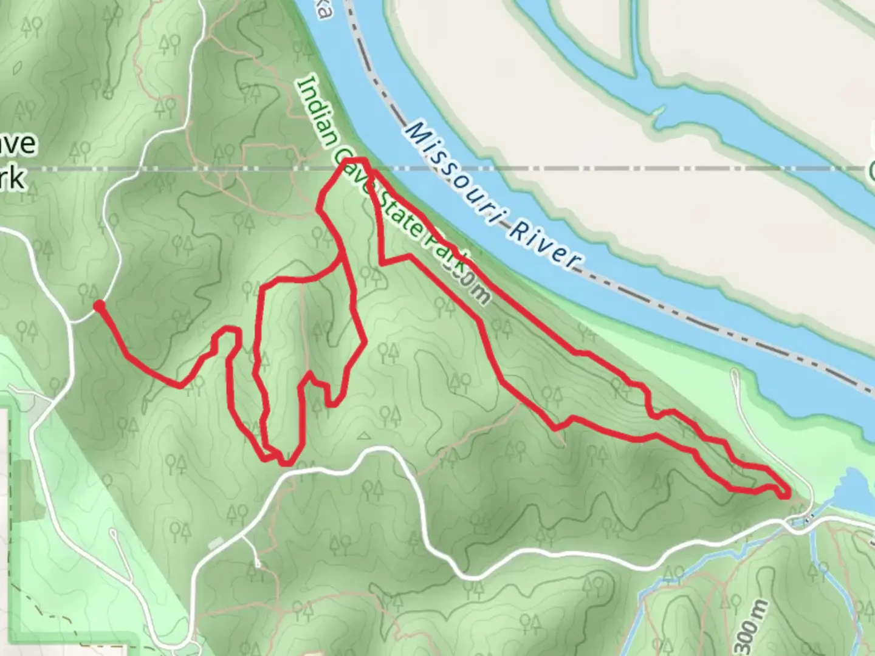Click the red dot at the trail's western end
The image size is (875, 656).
(x=98, y=305)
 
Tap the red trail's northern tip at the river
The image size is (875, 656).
(x=360, y=161)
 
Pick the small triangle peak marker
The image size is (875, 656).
(x=363, y=435)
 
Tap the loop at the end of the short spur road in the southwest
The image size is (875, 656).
(x=113, y=534)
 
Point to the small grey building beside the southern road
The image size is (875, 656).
(x=215, y=542)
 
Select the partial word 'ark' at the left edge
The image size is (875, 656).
(x=12, y=178)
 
